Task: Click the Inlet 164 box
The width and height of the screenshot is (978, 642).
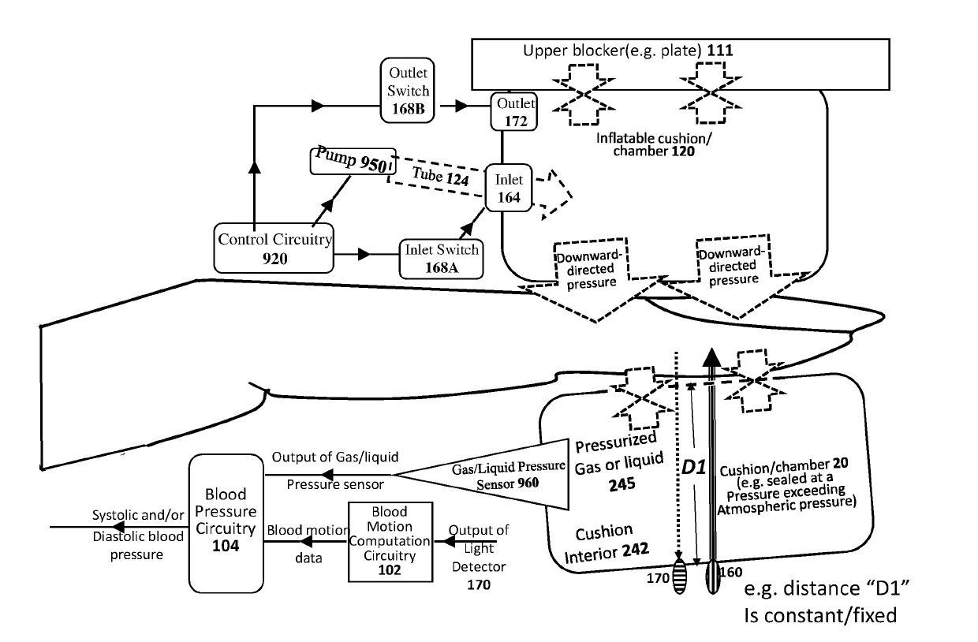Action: click(x=509, y=188)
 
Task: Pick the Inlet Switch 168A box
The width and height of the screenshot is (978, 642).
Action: click(x=441, y=257)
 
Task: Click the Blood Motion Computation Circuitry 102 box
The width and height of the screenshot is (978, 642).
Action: click(x=391, y=541)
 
